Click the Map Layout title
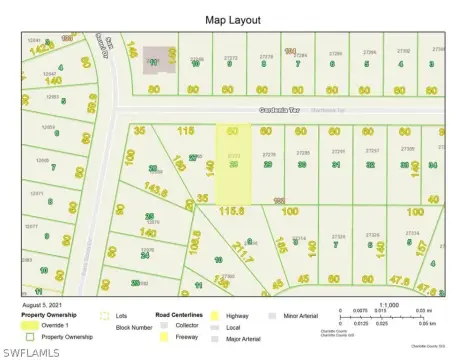pos(232,19)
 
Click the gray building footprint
pos(156,59)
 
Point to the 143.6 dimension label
pos(155,189)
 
